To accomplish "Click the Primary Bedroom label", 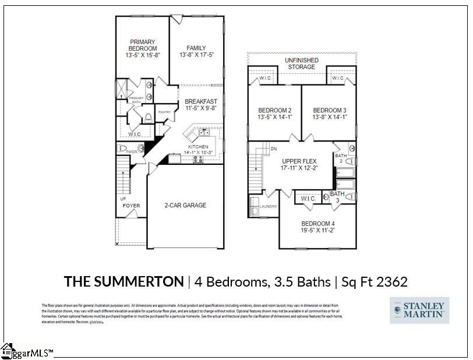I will [x=142, y=42].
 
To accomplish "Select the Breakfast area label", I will [x=201, y=101].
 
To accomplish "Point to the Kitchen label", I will [x=197, y=146].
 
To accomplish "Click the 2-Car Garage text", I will [x=185, y=205].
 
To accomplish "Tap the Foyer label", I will [x=131, y=206].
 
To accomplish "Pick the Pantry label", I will [x=164, y=112].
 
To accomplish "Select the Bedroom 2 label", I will [x=274, y=111].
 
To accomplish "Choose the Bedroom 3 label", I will [x=330, y=111].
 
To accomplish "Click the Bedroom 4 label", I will [x=317, y=223].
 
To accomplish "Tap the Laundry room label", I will [x=269, y=207].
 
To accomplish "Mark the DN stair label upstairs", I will [x=273, y=149].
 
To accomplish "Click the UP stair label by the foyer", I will [x=123, y=199].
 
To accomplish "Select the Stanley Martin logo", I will [x=419, y=310].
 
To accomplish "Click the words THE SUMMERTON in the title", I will [x=123, y=282].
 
